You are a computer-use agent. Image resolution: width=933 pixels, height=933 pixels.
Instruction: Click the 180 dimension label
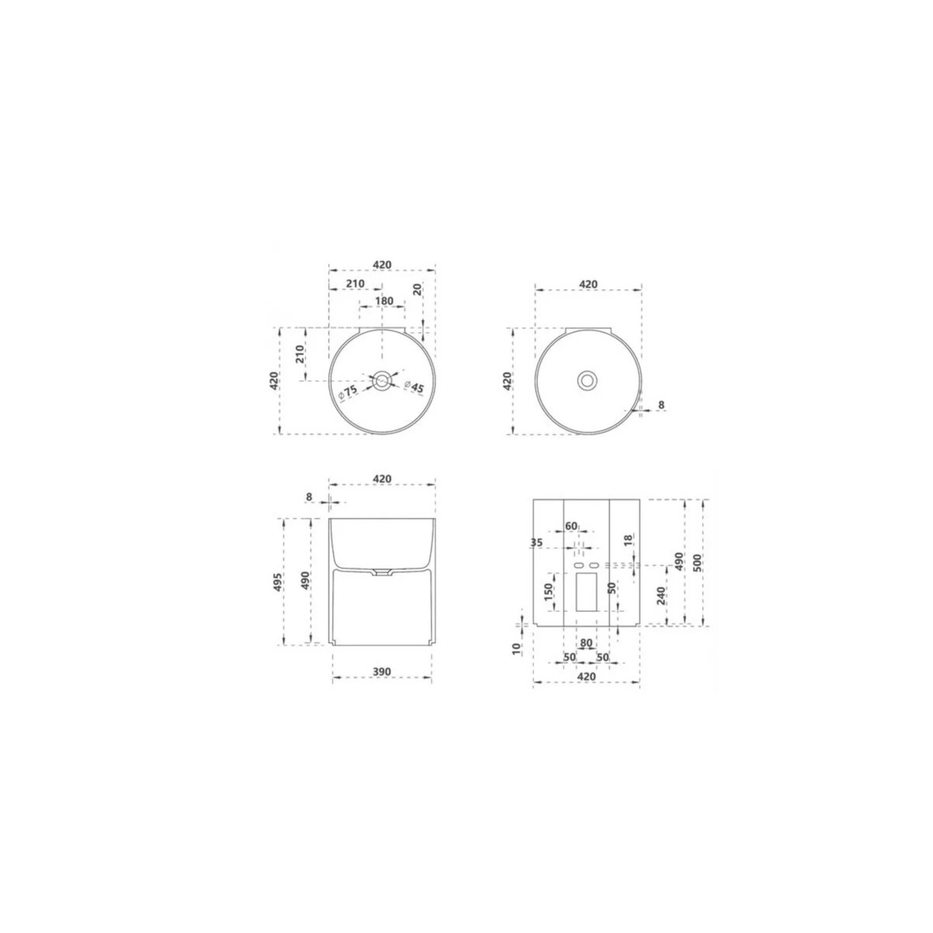pyautogui.click(x=384, y=301)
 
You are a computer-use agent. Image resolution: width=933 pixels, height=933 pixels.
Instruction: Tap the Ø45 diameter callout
pyautogui.click(x=414, y=386)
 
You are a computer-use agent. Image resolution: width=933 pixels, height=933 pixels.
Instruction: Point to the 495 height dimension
pyautogui.click(x=278, y=582)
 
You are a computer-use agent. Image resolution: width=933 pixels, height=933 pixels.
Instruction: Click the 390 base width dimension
pyautogui.click(x=382, y=672)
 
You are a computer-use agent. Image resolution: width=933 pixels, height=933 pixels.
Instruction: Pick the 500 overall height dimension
pyautogui.click(x=697, y=562)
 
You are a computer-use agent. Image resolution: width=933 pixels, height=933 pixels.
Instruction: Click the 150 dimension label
pyautogui.click(x=547, y=592)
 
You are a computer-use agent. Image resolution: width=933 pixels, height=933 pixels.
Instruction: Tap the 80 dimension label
pyautogui.click(x=586, y=644)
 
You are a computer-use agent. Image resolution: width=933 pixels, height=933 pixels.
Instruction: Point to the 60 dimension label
pyautogui.click(x=571, y=526)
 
